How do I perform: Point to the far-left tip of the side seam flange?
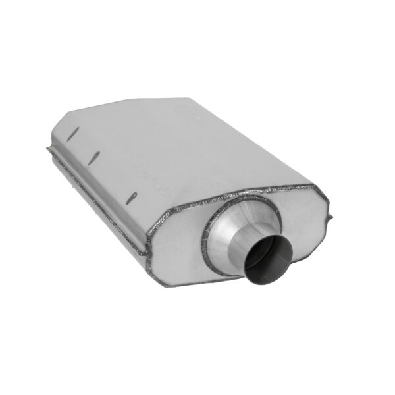[x=47, y=151]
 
